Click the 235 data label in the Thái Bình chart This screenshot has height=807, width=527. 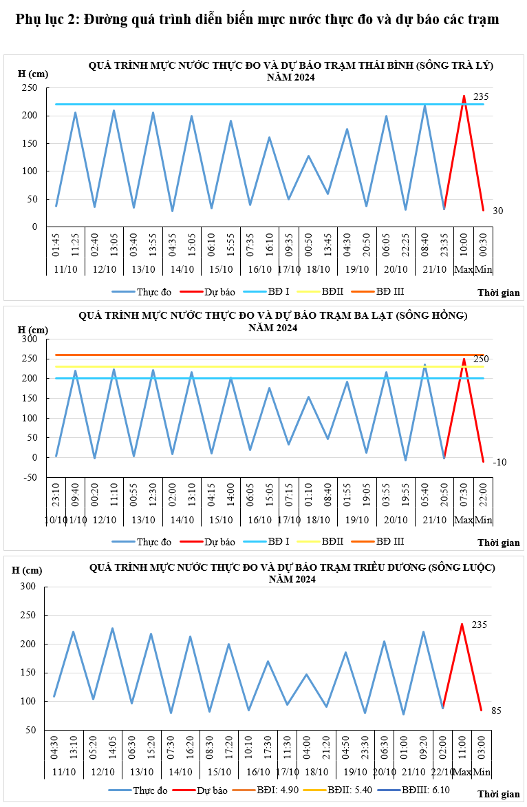(480, 96)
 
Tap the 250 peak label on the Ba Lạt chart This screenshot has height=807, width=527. (480, 359)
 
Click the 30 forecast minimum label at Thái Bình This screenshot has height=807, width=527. (497, 211)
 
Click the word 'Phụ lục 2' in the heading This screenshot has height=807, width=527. (45, 19)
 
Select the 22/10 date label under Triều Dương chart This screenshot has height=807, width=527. (443, 772)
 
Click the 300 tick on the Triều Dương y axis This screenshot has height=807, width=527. (28, 587)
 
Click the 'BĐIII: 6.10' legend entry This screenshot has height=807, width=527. (431, 790)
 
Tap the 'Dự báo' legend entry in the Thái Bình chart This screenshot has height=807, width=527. (219, 291)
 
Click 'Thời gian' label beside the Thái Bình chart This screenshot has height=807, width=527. (499, 293)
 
